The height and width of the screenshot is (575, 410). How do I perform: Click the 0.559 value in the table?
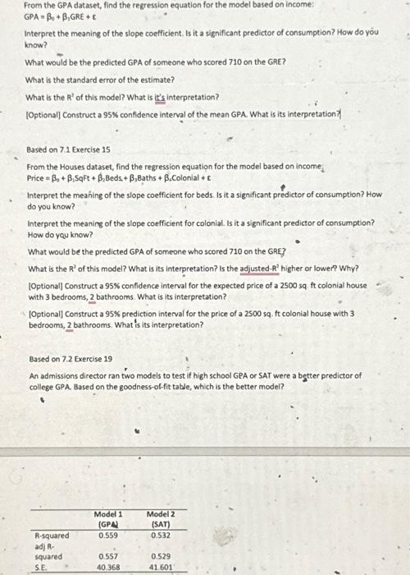pyautogui.click(x=107, y=535)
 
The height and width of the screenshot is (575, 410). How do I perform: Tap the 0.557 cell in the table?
pyautogui.click(x=107, y=555)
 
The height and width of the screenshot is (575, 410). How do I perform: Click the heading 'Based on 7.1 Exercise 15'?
pyautogui.click(x=69, y=150)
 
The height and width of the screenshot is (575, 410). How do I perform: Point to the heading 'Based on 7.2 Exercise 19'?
pyautogui.click(x=70, y=359)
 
